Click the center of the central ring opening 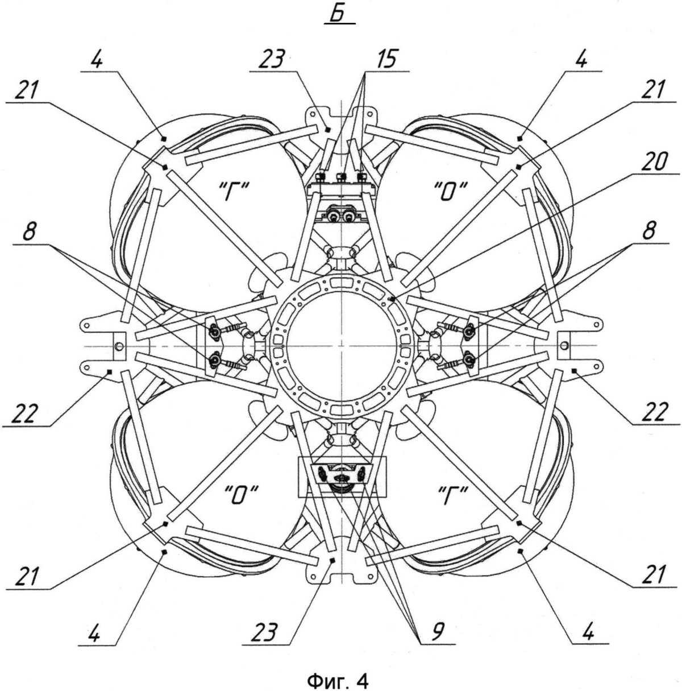341,345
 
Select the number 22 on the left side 26,413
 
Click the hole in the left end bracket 118,345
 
